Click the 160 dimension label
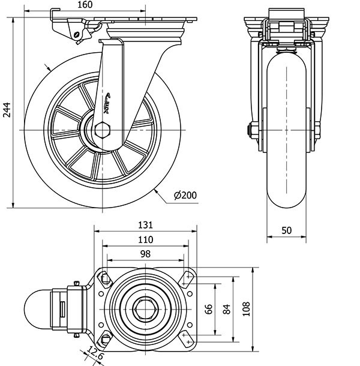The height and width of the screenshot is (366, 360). pyautogui.click(x=84, y=5)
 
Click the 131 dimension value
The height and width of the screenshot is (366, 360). pyautogui.click(x=145, y=226)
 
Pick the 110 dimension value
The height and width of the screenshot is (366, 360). pyautogui.click(x=145, y=239)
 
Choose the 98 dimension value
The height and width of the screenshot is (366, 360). pyautogui.click(x=145, y=254)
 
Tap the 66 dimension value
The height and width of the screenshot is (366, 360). pyautogui.click(x=209, y=308)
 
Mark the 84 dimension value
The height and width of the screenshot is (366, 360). pyautogui.click(x=226, y=308)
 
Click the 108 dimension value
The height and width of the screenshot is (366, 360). pyautogui.click(x=246, y=308)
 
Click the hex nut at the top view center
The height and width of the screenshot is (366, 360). pyautogui.click(x=145, y=308)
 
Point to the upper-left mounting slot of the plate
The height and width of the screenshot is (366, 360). pyautogui.click(x=105, y=278)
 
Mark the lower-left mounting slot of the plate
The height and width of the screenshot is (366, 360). pyautogui.click(x=105, y=339)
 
